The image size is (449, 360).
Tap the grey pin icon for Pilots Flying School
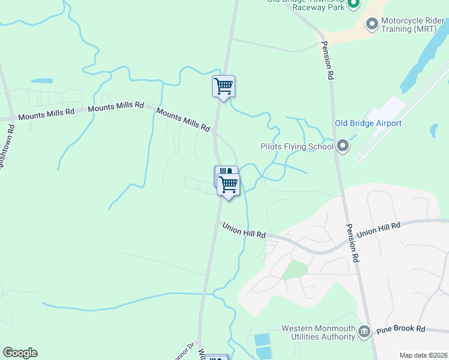point(343,146)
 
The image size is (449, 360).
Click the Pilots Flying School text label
point(297,146)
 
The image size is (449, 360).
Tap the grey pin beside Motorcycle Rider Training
point(372,23)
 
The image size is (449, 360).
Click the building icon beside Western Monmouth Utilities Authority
point(364,332)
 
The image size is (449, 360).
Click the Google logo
point(20,353)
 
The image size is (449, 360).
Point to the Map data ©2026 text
point(422,355)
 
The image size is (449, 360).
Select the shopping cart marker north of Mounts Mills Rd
point(223,86)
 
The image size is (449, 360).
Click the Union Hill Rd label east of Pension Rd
point(378,229)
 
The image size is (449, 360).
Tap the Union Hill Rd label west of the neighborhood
point(244,230)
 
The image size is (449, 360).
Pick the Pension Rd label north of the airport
point(327,61)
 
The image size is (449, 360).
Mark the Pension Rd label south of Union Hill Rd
point(352,243)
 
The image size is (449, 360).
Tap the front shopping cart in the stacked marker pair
point(229,185)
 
